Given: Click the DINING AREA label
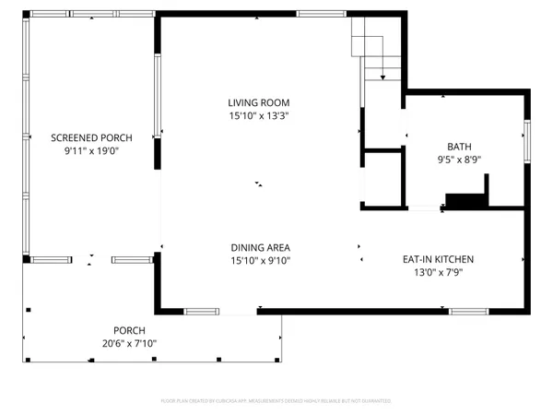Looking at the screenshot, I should [x=260, y=247].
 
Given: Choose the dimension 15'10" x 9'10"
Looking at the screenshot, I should [x=260, y=261].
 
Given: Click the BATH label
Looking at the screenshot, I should [x=458, y=147].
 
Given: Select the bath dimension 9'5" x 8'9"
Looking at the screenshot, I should [x=458, y=160].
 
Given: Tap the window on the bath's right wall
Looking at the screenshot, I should [x=528, y=138].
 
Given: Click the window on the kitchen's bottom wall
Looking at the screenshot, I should [x=468, y=311].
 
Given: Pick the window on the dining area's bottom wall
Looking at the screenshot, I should [x=201, y=311].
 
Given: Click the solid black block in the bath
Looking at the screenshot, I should [x=466, y=200].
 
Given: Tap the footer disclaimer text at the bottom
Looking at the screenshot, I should [x=276, y=401].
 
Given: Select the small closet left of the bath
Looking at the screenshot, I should [x=383, y=178].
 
